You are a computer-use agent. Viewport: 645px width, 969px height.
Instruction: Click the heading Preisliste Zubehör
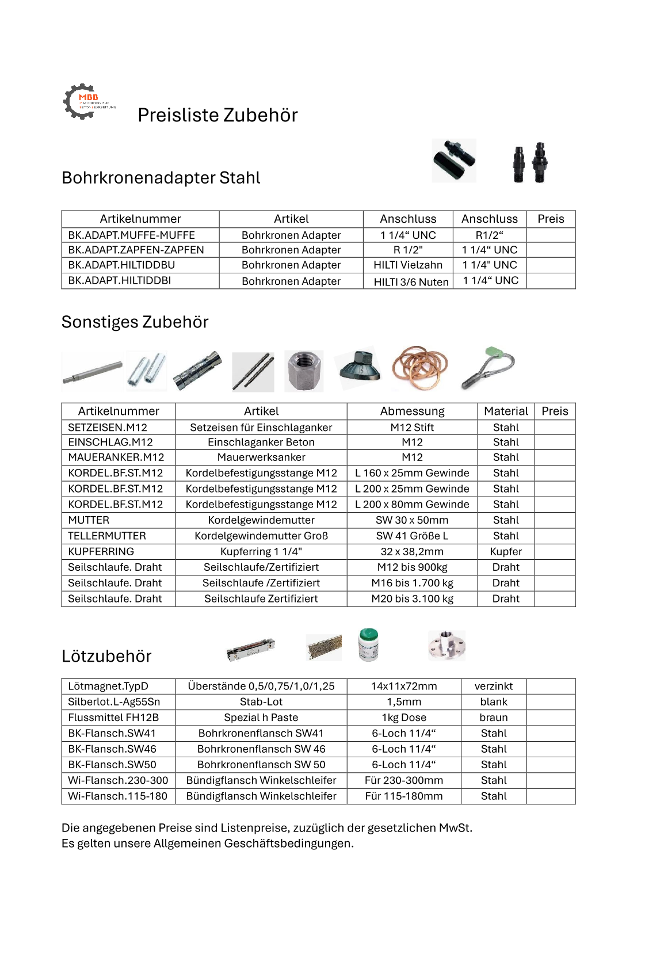click(x=217, y=115)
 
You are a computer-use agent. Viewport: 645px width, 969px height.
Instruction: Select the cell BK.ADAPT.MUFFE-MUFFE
click(x=131, y=235)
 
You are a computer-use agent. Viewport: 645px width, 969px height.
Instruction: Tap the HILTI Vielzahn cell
click(x=408, y=265)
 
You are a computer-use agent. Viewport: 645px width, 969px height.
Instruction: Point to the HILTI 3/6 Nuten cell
click(x=411, y=281)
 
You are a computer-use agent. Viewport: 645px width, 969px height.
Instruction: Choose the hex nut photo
click(x=304, y=371)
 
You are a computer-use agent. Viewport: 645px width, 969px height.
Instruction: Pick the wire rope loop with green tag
click(x=488, y=367)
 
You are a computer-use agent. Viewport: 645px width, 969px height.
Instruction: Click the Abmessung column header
click(x=412, y=411)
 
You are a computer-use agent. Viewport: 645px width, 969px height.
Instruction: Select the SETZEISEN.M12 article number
click(x=108, y=427)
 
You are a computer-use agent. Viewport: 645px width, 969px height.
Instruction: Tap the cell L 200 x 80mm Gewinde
click(x=412, y=504)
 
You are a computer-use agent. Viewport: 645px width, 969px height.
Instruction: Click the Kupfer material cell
click(x=506, y=551)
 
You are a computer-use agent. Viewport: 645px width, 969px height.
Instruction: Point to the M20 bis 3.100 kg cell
click(x=412, y=598)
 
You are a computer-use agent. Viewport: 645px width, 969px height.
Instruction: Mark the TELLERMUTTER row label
click(x=107, y=536)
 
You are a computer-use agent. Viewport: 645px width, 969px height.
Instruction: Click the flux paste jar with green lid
click(x=368, y=644)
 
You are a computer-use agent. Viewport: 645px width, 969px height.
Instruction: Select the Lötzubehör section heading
click(x=106, y=656)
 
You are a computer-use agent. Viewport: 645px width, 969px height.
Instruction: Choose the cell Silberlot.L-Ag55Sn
click(x=114, y=701)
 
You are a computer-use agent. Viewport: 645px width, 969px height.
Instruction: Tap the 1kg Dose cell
click(x=404, y=718)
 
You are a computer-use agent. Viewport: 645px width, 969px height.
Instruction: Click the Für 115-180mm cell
click(x=404, y=796)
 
